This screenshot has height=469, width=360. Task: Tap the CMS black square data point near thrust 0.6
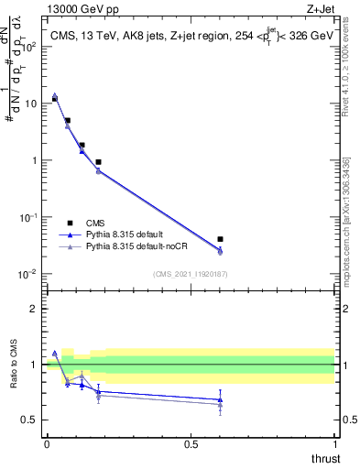pos(220,239)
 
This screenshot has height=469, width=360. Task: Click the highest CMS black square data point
pos(54,98)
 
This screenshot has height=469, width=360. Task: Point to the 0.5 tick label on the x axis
pos(191,443)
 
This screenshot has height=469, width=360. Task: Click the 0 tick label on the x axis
pos(47,443)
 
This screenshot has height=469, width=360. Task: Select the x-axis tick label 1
pos(335,443)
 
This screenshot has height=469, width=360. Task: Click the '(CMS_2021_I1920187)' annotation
pos(190,273)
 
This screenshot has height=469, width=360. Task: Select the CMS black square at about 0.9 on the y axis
pos(98,162)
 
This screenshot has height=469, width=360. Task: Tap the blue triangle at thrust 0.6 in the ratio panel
pos(220,399)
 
